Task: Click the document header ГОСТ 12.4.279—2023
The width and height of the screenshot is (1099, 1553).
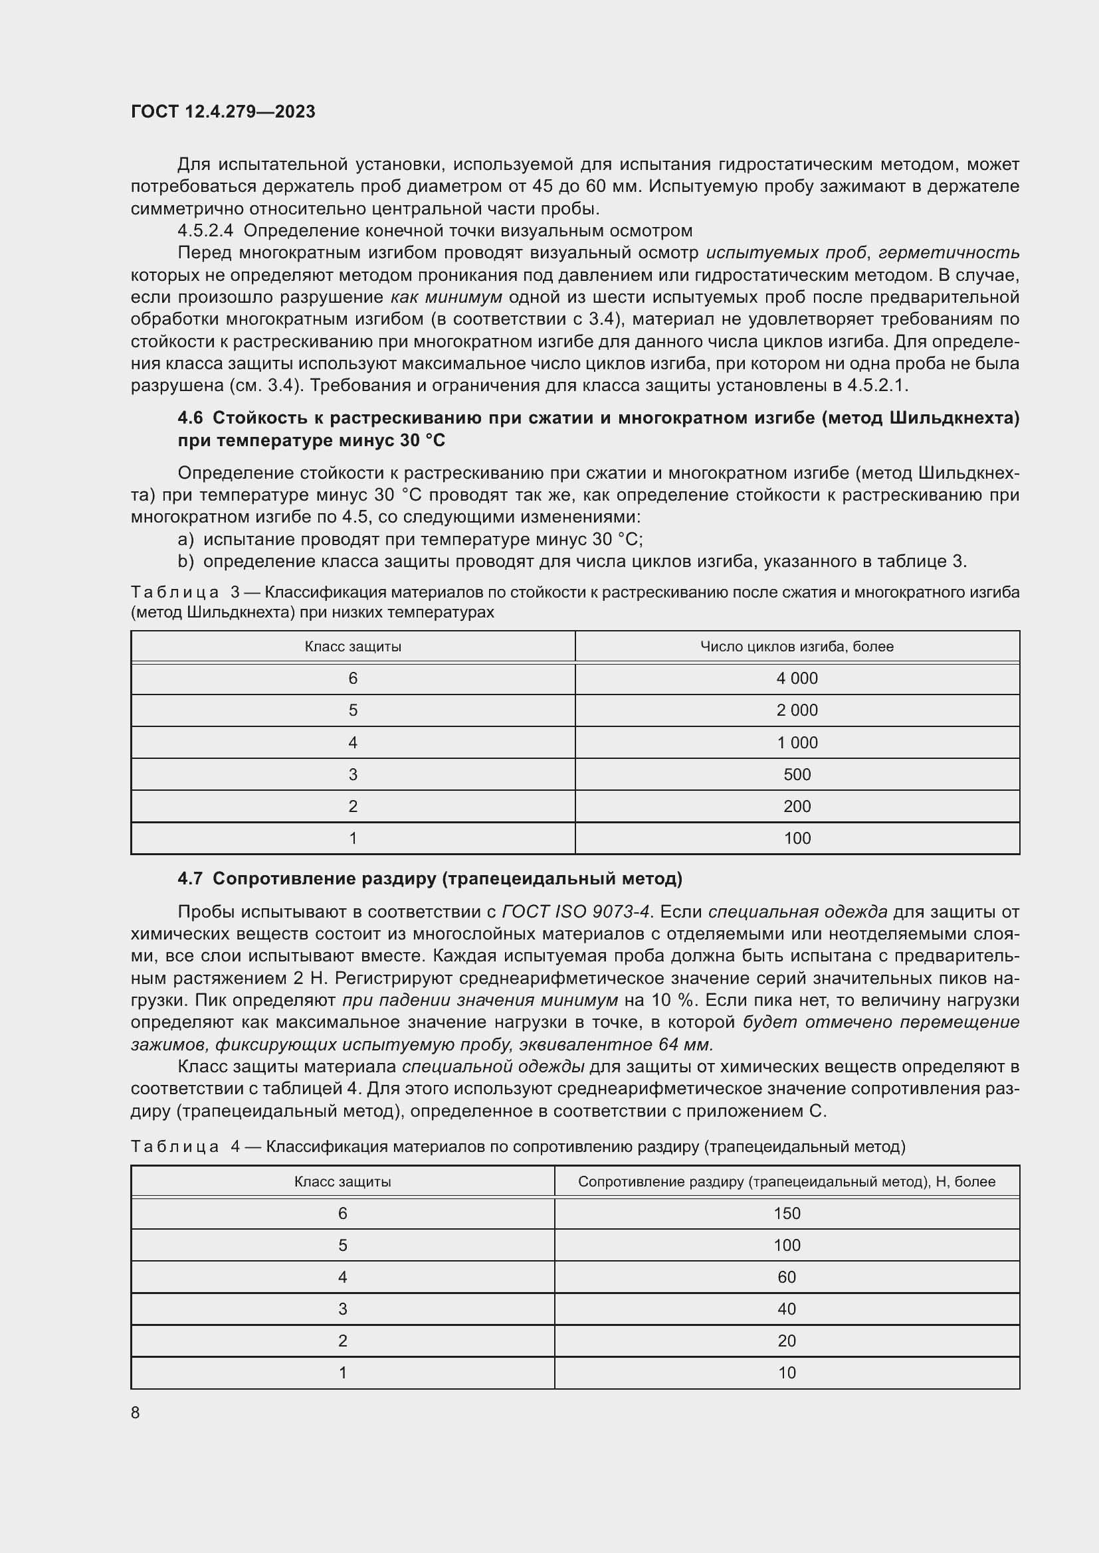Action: (x=223, y=112)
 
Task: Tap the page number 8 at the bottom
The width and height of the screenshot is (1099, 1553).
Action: (x=136, y=1412)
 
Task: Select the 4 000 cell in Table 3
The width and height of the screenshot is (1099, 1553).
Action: (x=797, y=679)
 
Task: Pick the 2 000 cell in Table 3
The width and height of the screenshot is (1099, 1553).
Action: (x=797, y=710)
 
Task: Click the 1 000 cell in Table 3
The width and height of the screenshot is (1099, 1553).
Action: (x=797, y=743)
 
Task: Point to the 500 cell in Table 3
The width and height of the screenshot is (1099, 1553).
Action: (x=797, y=774)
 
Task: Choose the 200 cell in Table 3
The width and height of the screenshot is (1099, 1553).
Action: (x=797, y=806)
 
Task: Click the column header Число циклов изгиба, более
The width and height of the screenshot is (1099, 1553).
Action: (x=797, y=647)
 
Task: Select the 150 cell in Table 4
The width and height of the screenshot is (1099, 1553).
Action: (x=786, y=1214)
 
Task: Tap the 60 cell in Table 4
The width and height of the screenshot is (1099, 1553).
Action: (x=786, y=1277)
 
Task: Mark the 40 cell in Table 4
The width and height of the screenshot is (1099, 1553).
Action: (x=786, y=1309)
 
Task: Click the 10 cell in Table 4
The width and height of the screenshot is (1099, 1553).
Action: (x=786, y=1372)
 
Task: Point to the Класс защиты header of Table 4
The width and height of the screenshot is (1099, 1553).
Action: (x=342, y=1182)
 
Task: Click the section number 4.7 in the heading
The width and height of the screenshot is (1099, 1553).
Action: (x=189, y=878)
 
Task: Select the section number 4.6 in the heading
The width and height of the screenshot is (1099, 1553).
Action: (x=189, y=418)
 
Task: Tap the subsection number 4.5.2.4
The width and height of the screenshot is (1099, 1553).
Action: (x=205, y=230)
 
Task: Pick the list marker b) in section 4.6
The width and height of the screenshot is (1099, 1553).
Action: (x=185, y=562)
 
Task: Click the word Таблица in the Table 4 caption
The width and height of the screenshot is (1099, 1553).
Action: (x=175, y=1147)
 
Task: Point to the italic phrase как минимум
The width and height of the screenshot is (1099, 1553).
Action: (x=446, y=297)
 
